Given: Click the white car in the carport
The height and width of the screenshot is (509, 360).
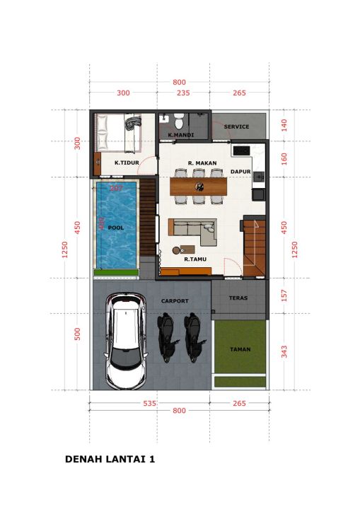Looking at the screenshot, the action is (126, 341).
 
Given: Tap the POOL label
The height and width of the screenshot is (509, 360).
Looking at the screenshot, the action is (116, 228).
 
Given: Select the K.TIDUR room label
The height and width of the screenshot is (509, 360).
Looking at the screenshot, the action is (127, 163).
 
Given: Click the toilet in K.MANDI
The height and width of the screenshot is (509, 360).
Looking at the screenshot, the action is (179, 121).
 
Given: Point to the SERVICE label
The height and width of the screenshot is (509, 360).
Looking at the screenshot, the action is (236, 127).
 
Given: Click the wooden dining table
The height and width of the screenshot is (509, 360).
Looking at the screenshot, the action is (198, 187).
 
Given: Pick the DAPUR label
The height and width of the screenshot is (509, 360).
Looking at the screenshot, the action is (240, 171).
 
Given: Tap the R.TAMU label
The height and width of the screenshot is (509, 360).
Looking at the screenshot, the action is (195, 259).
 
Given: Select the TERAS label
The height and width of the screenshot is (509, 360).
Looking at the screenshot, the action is (238, 298).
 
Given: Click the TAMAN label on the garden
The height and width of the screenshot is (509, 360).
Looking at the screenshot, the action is (240, 349).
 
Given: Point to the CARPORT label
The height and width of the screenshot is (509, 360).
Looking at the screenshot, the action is (175, 301).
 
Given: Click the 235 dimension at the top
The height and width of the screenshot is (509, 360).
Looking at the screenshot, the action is (183, 93).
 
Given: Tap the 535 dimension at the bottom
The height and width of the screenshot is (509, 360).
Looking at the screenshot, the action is (150, 404).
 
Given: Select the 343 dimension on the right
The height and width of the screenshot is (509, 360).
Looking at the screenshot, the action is (284, 351).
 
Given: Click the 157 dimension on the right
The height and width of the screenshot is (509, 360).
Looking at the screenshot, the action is (284, 296).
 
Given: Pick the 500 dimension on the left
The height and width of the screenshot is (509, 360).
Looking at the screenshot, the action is (77, 334).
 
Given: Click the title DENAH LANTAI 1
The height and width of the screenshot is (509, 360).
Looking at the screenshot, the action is (110, 459).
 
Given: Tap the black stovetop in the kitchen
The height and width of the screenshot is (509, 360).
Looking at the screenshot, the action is (242, 151).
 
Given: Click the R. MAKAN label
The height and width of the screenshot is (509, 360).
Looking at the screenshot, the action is (202, 163).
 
